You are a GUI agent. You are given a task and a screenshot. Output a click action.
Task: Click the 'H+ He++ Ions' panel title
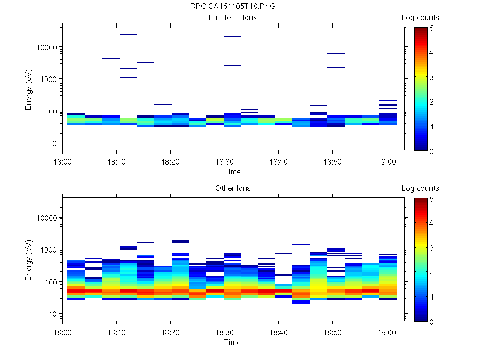pos(232,18)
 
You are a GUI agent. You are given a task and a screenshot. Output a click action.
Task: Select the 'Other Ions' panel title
pos(232,188)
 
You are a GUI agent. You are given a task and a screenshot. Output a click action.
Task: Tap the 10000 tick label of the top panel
pos(47,47)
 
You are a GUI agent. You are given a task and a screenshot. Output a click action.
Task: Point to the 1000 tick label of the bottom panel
pos(49,250)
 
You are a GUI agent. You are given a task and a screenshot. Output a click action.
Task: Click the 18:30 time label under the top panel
pos(225,161)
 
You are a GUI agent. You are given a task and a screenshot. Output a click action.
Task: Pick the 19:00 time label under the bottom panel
pos(386,331)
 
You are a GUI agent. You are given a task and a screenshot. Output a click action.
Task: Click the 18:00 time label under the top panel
pos(62,161)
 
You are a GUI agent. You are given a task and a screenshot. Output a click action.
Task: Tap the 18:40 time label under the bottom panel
pos(278,331)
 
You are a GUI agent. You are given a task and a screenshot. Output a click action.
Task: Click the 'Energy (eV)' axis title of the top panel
pos(29,89)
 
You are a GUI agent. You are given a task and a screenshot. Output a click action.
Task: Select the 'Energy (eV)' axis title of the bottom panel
pos(29,259)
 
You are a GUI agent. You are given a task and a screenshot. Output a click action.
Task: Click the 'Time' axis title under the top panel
pos(232,172)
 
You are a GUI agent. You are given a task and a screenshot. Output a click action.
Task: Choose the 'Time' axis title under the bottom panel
pos(232,342)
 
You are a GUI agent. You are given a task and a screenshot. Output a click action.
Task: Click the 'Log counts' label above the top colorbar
pos(420,18)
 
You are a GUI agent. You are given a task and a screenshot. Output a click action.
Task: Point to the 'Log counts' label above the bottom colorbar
pos(420,188)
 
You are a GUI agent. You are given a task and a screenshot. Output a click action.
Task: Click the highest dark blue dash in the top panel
pos(128,34)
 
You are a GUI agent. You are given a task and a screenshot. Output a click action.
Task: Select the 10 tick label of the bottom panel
pos(52,314)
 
